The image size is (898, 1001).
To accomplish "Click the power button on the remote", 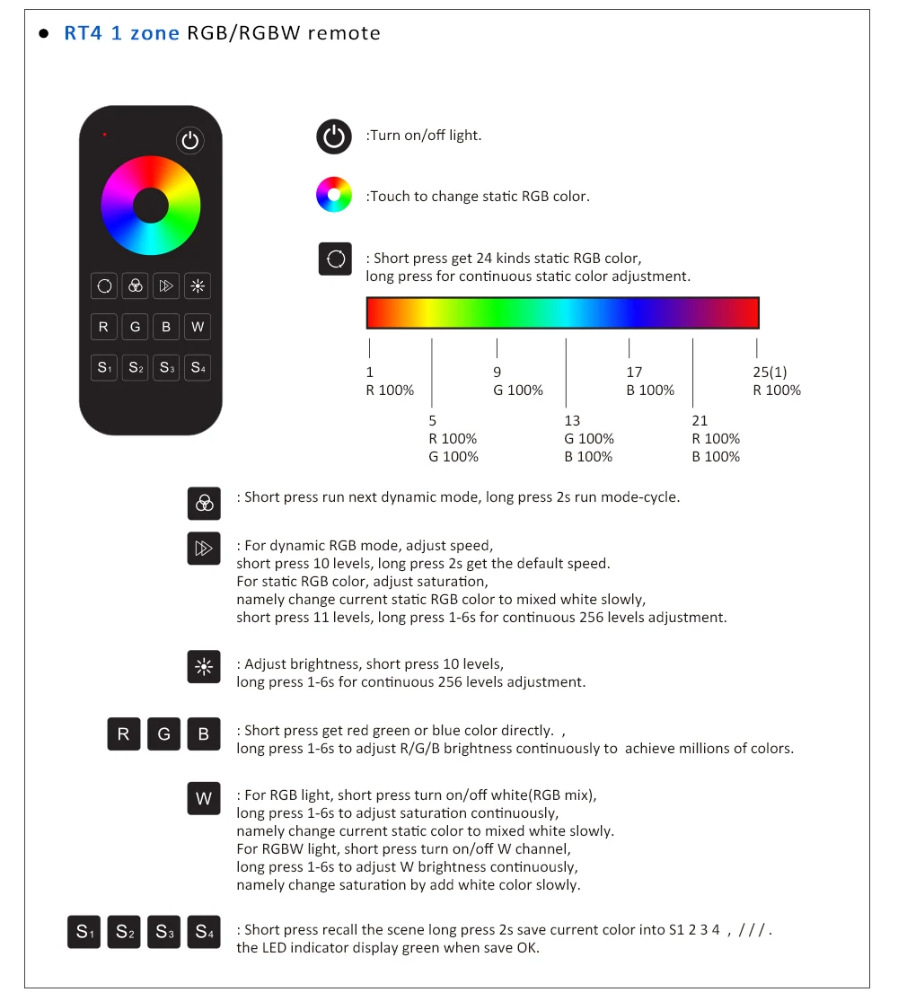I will click(189, 140).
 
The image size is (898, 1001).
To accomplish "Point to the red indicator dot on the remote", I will click(105, 135).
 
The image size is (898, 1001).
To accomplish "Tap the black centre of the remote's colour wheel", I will click(150, 206).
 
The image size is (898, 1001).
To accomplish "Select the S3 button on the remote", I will click(166, 367).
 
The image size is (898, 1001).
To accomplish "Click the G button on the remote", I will click(135, 327).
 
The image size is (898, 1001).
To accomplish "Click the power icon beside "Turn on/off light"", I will click(333, 136).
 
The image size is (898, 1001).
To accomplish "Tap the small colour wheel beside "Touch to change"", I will click(333, 195).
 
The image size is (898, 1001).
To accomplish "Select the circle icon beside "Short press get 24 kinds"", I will click(336, 259).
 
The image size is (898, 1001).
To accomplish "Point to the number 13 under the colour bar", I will click(572, 420).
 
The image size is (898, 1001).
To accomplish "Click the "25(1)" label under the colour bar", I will click(770, 372).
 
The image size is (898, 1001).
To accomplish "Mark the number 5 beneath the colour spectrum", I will click(433, 420).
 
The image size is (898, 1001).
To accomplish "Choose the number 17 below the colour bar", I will click(634, 372).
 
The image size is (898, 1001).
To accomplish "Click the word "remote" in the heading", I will click(344, 33).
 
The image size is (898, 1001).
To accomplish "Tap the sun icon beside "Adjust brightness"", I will click(204, 667).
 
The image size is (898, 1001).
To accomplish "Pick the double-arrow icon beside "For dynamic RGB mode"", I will click(204, 549).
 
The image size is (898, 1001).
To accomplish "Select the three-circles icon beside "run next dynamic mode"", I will click(204, 503).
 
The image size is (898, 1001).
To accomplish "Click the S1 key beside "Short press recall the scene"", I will click(84, 932).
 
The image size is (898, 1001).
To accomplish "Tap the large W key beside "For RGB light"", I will click(204, 798).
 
